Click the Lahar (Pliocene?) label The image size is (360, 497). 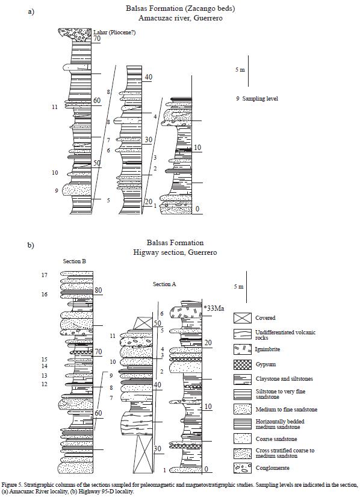point(114,33)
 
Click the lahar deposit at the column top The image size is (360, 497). point(75,35)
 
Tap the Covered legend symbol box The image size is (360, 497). point(243,318)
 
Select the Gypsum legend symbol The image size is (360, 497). point(243,364)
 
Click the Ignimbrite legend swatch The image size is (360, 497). point(243,349)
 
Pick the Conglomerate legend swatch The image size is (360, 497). point(243,468)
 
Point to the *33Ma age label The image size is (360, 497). point(214,308)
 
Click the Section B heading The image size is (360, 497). point(75,261)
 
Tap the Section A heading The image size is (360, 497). point(164,284)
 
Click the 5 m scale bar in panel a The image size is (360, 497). point(248,71)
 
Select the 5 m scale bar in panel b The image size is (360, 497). point(247,287)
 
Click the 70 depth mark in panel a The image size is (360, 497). point(96,39)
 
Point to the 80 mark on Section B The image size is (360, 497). point(98,290)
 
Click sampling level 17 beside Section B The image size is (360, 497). point(45,275)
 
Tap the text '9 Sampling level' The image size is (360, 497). point(257,99)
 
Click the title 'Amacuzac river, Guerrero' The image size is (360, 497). point(181,17)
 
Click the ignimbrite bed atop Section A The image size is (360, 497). point(186,312)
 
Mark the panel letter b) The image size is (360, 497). point(31,245)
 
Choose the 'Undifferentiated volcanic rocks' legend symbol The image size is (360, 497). point(243,334)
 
